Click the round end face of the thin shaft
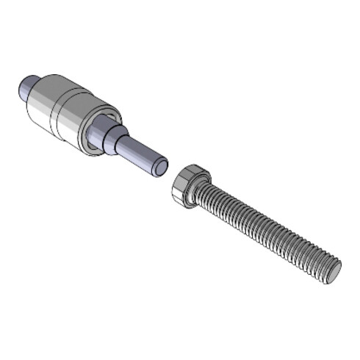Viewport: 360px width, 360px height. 159,168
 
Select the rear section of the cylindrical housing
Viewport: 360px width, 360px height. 44,107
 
